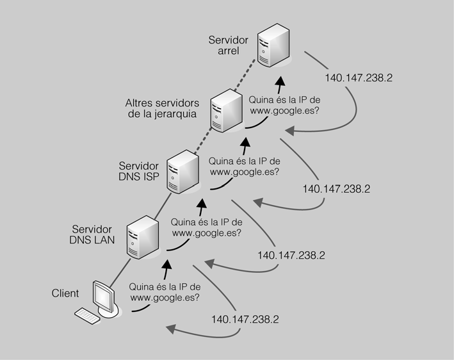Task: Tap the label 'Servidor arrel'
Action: pos(228,45)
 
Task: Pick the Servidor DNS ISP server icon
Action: pos(181,170)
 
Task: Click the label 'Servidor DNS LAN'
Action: pos(92,234)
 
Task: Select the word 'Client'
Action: pos(65,293)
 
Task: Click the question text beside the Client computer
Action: pos(165,292)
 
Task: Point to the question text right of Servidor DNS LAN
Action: pos(206,227)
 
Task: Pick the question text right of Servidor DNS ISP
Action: pos(244,166)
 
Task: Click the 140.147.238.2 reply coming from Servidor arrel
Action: pos(359,77)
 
